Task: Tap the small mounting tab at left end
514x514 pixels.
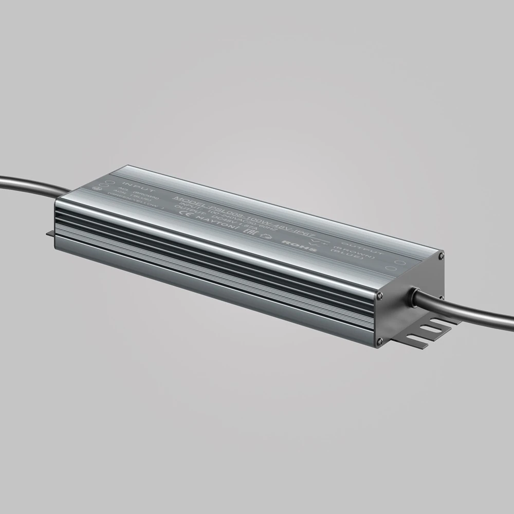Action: click(x=50, y=234)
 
